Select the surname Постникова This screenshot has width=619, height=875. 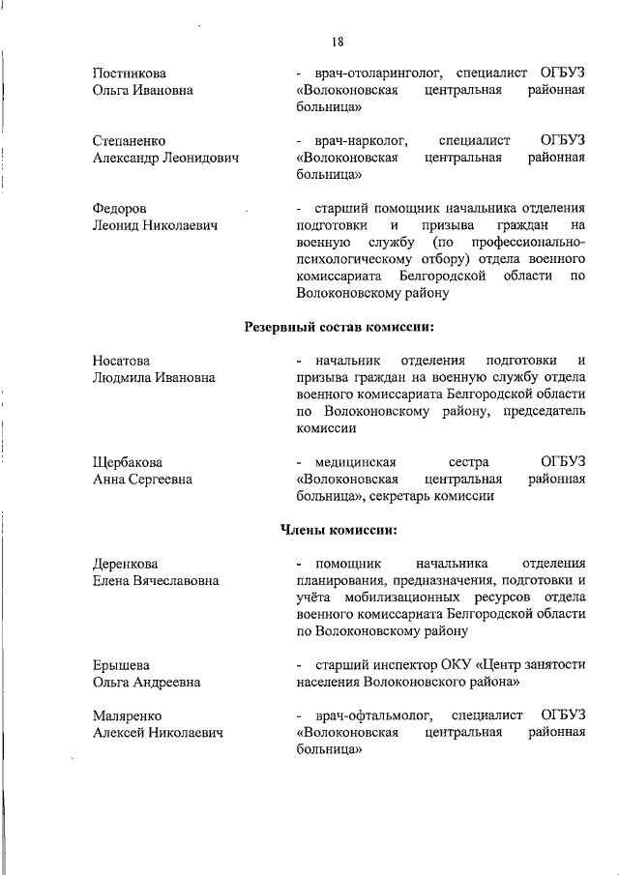[129, 73]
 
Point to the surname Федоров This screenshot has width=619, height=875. [120, 209]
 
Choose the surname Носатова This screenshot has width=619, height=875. [122, 361]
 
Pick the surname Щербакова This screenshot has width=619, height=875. [128, 462]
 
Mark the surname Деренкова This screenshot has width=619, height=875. [125, 564]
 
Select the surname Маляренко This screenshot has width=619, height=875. [127, 715]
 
